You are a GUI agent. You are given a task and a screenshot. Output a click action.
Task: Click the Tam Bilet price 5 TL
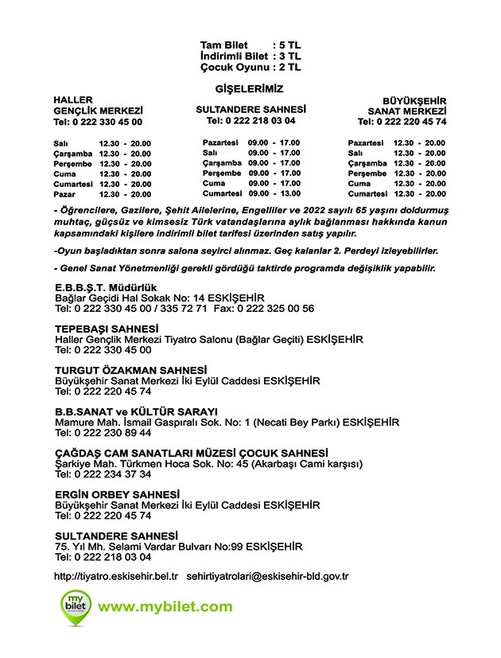point(288,45)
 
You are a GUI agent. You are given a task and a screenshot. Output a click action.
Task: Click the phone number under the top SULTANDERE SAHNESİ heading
point(251,121)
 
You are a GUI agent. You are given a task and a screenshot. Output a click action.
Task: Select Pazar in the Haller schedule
point(63,194)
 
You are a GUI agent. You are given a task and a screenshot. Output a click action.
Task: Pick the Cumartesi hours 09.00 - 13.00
point(274,193)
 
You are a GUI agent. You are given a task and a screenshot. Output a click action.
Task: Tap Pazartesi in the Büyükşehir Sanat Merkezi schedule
point(366,142)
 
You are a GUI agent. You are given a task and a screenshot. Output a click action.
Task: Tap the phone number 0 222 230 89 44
point(103,432)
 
